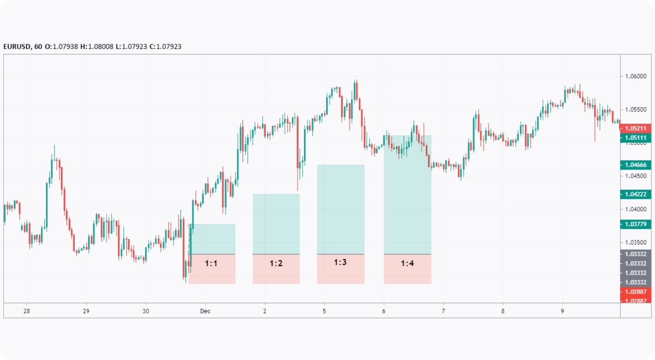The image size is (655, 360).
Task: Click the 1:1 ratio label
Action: coord(211,264)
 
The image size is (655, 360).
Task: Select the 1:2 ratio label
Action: coord(276,264)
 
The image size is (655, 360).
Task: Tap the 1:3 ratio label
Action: coord(340,263)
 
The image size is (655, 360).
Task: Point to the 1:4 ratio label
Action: coord(407,264)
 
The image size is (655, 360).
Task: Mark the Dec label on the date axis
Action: coord(205,311)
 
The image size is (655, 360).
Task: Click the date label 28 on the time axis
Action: coord(27,311)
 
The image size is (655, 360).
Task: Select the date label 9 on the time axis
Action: coord(562,311)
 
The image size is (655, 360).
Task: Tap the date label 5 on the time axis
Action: coord(324,311)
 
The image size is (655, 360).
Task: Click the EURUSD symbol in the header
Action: coord(17,47)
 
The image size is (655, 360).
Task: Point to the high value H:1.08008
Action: coord(97,47)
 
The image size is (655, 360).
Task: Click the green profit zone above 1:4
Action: coord(407,194)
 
